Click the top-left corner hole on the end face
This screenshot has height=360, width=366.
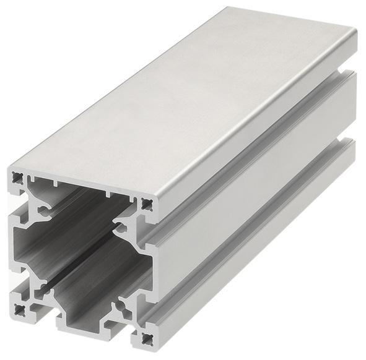(17, 179)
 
